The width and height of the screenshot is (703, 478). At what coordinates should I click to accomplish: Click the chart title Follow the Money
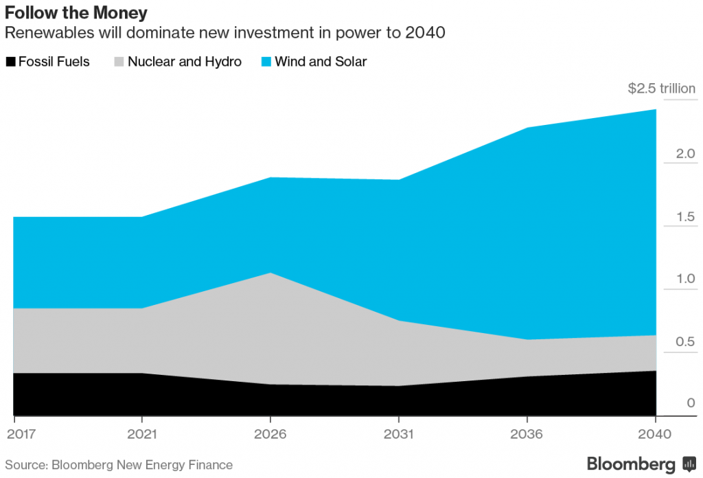(x=76, y=13)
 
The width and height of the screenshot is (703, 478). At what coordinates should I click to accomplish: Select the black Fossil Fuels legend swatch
(x=10, y=62)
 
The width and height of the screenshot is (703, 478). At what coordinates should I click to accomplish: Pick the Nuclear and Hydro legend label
(x=185, y=62)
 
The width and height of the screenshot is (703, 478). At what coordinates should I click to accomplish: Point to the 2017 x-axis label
(x=20, y=435)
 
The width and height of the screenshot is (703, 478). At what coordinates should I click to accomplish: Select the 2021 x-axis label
(x=141, y=435)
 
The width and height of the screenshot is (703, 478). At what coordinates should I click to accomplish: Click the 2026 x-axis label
(x=270, y=435)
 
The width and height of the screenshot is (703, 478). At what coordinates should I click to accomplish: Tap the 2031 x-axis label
(x=398, y=435)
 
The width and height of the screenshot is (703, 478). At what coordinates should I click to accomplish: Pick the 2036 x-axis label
(x=527, y=435)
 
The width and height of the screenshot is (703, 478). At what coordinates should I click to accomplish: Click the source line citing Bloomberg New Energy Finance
(x=119, y=465)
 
